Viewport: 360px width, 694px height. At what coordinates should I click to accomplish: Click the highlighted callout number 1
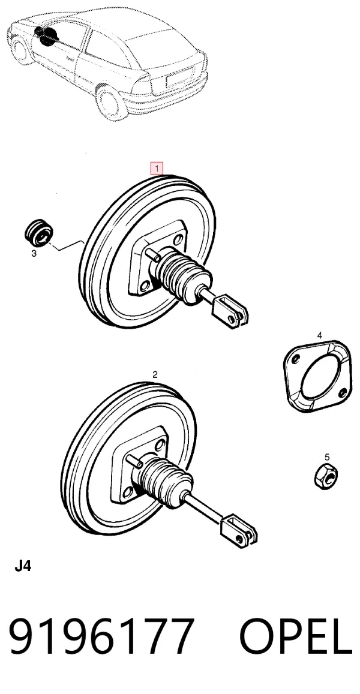(157, 168)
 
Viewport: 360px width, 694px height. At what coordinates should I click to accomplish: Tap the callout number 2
(155, 374)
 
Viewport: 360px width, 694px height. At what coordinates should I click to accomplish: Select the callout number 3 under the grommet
(34, 254)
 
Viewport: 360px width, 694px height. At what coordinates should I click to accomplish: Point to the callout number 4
(319, 335)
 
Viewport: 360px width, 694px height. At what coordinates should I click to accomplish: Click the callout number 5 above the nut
(327, 456)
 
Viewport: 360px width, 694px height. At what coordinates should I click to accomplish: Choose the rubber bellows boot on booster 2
(165, 484)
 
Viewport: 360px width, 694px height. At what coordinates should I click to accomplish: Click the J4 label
(23, 566)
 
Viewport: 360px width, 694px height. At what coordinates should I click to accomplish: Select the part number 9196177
(102, 636)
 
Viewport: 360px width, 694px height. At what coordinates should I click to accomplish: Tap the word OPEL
(296, 636)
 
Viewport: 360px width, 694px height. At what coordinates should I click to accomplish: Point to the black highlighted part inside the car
(46, 35)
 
